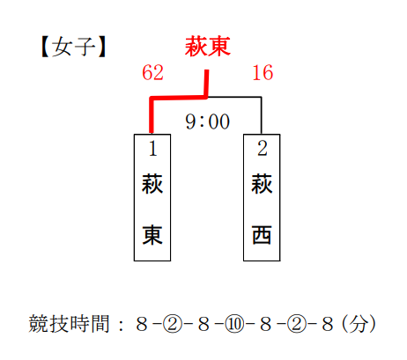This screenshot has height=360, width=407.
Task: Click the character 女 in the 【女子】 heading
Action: pos(62,47)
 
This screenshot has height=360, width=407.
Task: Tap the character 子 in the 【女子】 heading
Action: pos(85,47)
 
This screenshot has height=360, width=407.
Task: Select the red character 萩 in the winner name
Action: pos(196,47)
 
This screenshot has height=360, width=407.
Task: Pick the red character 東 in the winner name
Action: pos(219,47)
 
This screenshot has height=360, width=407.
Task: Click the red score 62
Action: pos(152,72)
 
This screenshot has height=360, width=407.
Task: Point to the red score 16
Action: pos(263,72)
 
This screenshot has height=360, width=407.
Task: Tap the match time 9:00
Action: pos(207,121)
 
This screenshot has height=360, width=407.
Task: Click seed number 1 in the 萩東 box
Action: pos(152,149)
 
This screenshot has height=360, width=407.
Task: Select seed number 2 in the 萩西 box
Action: pos(263,149)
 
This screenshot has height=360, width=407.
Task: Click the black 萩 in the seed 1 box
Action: pos(152,184)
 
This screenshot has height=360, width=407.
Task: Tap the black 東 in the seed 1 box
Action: pos(152,235)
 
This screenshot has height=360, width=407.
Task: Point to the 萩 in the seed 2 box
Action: pos(262,184)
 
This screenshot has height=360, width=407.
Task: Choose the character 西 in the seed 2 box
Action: pos(262,235)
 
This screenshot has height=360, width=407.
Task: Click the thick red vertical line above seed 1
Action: pos(152,115)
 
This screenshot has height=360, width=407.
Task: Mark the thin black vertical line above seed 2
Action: pos(261,115)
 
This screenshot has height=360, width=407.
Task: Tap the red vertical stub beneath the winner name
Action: pos(206,84)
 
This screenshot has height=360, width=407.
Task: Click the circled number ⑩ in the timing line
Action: pos(234,324)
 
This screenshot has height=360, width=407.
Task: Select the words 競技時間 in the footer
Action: pos(69,324)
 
